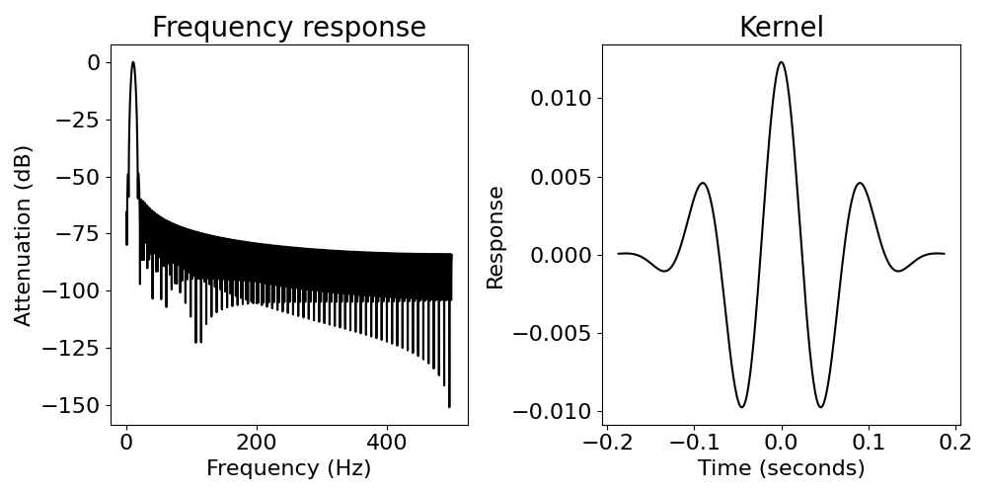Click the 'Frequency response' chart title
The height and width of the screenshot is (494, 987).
(288, 28)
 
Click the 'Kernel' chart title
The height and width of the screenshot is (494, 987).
(781, 28)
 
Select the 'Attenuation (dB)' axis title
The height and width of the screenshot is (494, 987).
(24, 235)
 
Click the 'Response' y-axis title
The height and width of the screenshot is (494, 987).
(496, 237)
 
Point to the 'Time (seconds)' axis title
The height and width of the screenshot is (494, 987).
(781, 468)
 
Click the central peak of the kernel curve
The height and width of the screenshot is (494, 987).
(781, 62)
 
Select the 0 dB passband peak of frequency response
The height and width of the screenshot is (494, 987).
(133, 62)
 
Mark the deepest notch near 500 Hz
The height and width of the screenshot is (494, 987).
(449, 406)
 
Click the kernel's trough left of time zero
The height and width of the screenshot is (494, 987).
(741, 406)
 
